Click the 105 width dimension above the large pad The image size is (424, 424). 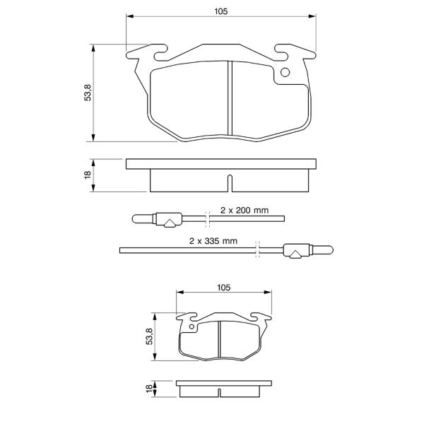point(221,11)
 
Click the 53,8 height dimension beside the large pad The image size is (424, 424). point(88,93)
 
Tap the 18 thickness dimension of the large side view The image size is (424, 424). point(88,175)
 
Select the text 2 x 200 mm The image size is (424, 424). point(245,210)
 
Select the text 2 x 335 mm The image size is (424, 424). point(213,241)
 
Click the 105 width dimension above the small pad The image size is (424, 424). point(223,288)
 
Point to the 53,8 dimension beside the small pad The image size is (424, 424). point(149,336)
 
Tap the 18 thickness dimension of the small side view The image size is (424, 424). point(149,389)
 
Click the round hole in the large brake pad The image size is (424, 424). point(285,72)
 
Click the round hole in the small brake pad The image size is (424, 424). point(192,326)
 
